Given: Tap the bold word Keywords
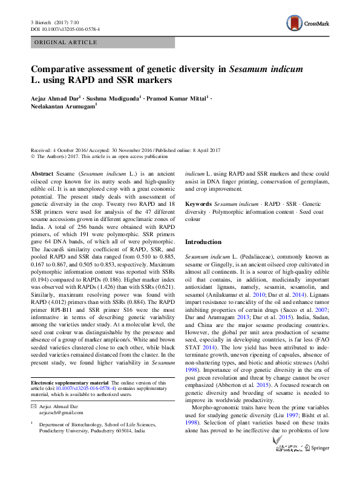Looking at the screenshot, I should pos(198,204).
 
